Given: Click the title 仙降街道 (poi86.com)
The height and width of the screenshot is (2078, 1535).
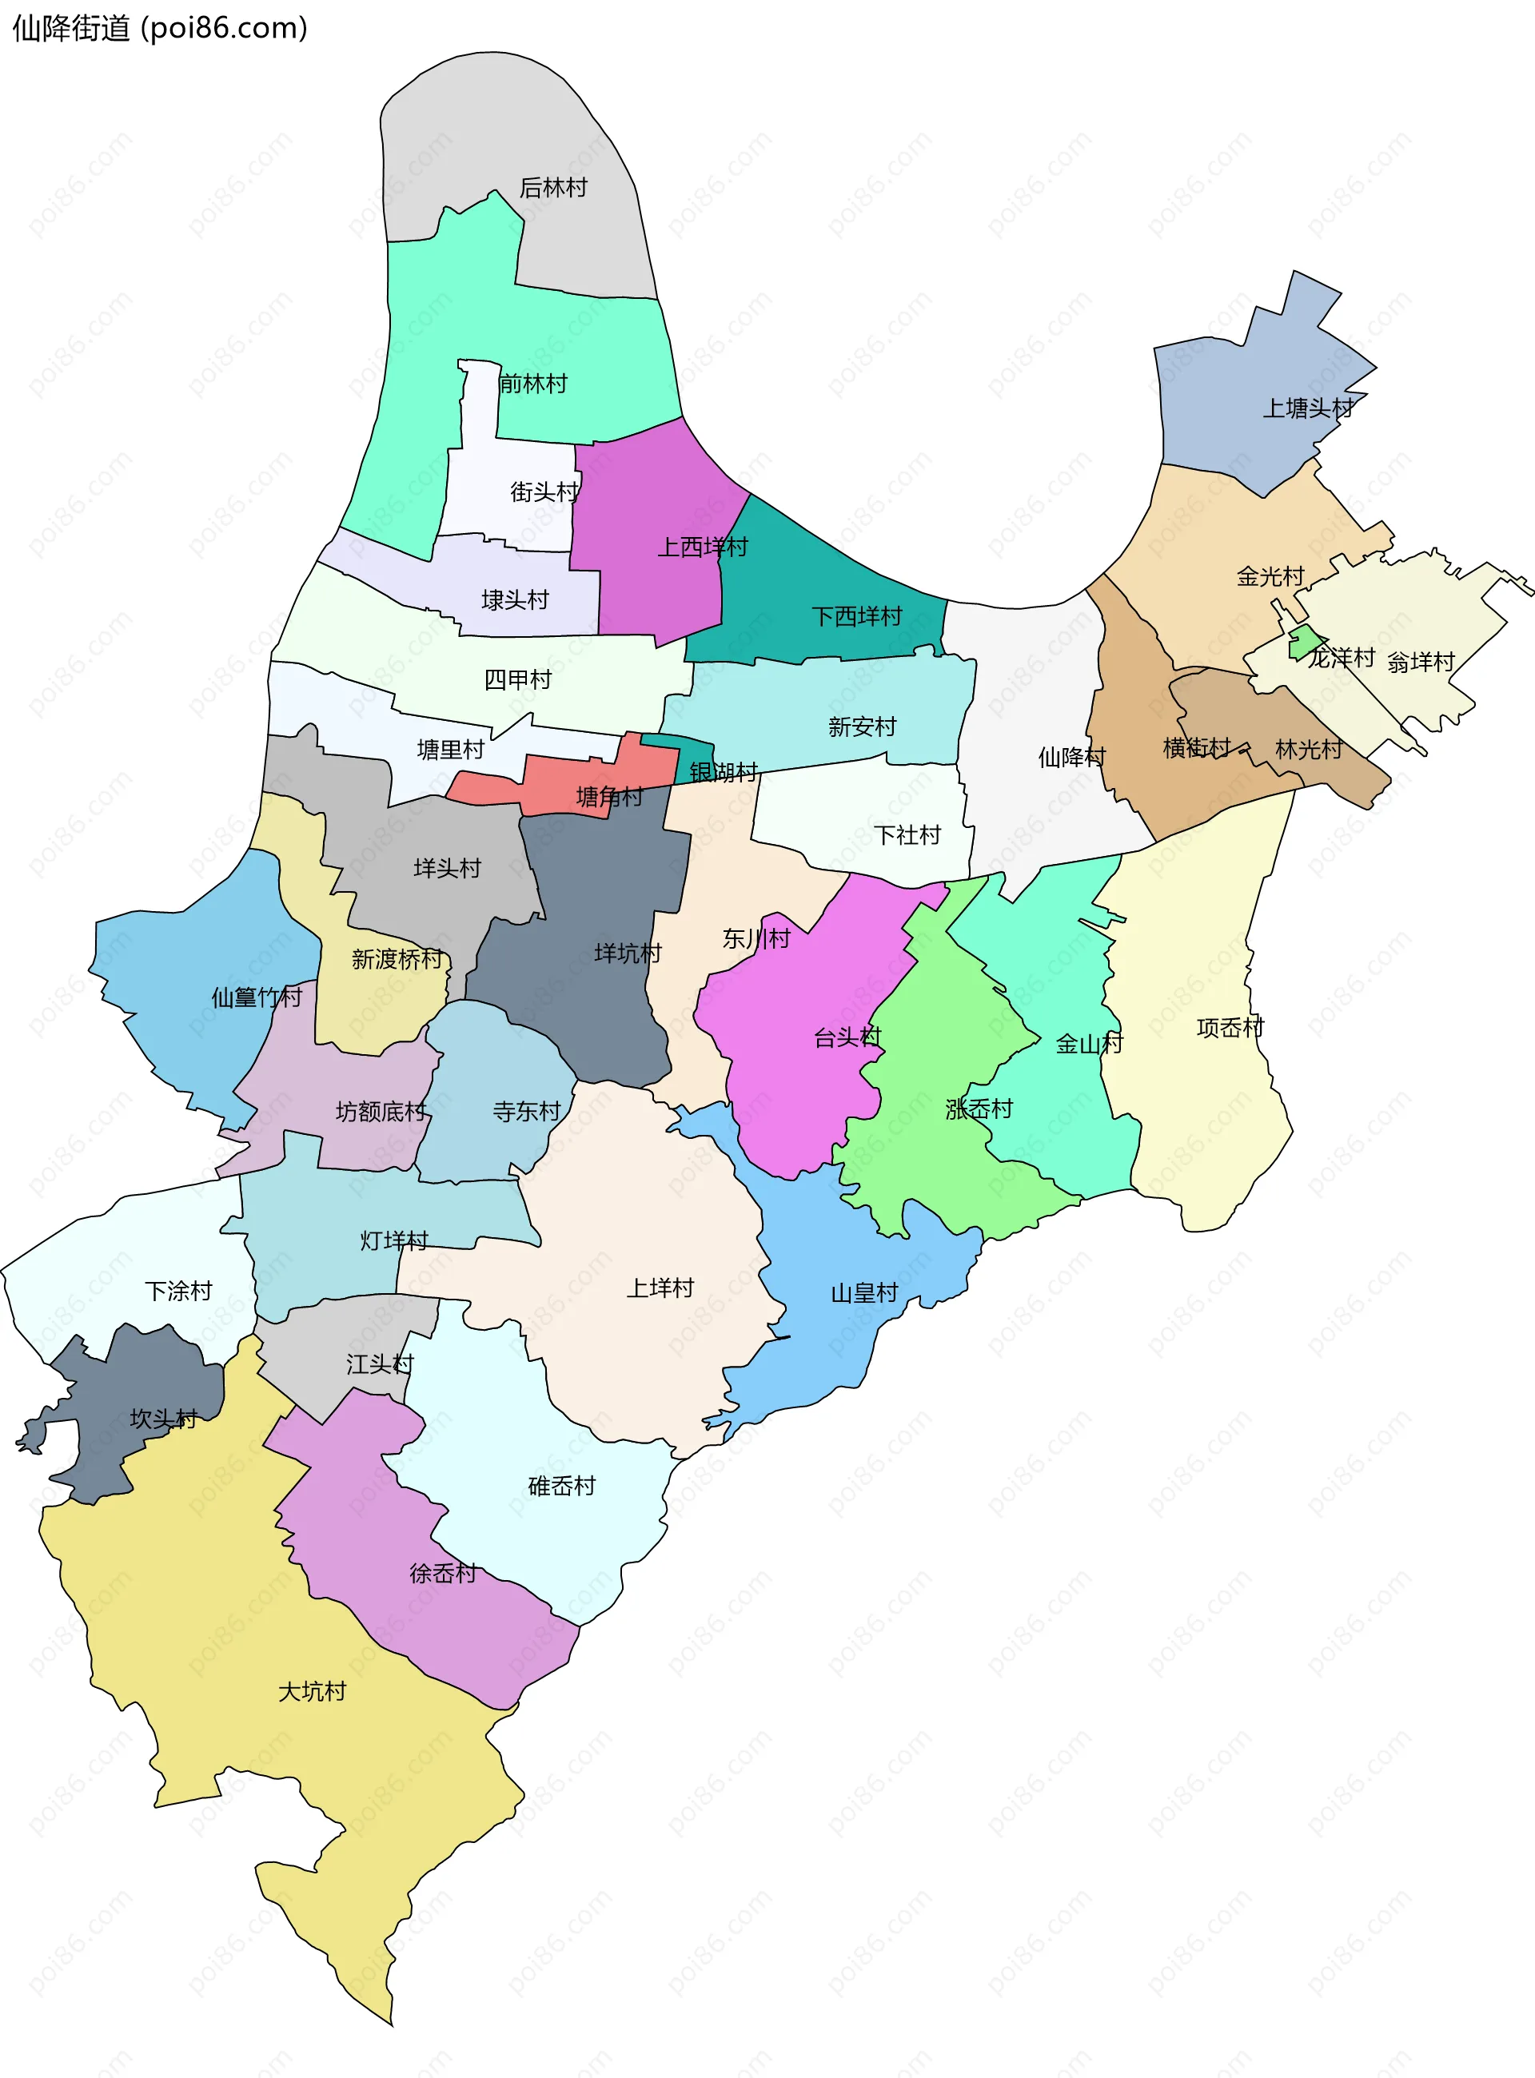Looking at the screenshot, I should pos(159,28).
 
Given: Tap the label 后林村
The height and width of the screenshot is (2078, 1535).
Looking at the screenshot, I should pos(553,189).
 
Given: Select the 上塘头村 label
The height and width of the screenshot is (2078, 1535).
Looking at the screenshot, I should pos(1307,408).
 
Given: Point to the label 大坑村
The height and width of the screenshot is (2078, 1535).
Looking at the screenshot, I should pos(313,1691).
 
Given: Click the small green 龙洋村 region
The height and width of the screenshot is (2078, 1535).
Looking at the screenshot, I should pos(1305,641).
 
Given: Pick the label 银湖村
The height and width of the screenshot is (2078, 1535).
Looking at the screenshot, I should pos(724,772).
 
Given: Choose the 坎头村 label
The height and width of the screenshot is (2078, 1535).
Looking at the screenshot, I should pos(164,1419).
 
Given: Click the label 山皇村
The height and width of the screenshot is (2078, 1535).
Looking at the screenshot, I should pos(864,1293).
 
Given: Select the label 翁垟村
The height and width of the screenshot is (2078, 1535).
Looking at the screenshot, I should pos(1420,663).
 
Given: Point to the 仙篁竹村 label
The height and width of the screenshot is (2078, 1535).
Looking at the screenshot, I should pos(257,997).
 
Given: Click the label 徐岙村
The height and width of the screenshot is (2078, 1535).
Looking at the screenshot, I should pos(442,1574).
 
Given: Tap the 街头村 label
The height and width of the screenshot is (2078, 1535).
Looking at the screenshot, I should pos(544,492).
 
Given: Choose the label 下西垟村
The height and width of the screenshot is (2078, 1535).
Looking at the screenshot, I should pos(857,617).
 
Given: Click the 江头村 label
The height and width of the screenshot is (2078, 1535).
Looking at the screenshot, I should pos(379,1364).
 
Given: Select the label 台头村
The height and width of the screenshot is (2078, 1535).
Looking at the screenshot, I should pos(847,1037).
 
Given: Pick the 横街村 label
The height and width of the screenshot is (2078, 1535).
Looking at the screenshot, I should pos(1197,748).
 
